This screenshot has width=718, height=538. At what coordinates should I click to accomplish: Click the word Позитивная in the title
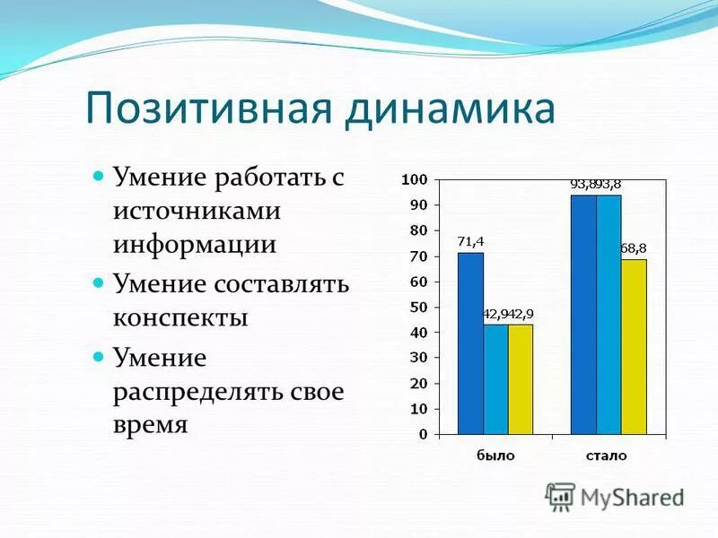click(x=210, y=109)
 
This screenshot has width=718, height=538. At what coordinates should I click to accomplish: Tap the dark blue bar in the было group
click(x=470, y=343)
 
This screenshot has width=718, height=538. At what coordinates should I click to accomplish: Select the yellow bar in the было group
click(x=521, y=379)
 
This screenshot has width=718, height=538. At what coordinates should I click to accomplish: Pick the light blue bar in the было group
click(x=495, y=379)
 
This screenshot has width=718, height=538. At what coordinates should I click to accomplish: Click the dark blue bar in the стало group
click(x=583, y=314)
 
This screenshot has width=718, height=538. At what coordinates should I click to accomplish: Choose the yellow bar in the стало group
click(x=634, y=347)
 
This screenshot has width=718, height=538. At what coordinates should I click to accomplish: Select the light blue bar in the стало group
click(x=609, y=314)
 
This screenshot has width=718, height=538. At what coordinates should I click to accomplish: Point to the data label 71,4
click(x=470, y=241)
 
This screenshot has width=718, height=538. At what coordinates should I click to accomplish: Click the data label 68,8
click(x=634, y=247)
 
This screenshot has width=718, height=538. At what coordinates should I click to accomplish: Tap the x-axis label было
click(x=495, y=456)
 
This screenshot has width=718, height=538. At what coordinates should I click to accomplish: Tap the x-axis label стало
click(x=607, y=456)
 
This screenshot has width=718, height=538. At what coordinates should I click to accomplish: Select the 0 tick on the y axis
click(x=423, y=434)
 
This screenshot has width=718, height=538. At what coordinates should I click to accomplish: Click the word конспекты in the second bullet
click(x=180, y=317)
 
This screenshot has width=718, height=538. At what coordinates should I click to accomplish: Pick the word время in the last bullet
click(x=150, y=424)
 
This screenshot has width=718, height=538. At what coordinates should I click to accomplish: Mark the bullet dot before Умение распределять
click(x=100, y=356)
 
